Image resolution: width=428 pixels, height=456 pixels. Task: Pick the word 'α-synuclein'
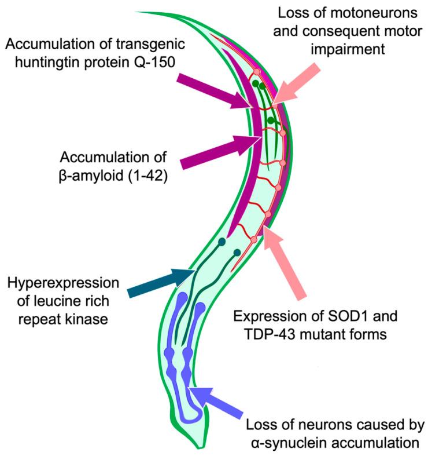tap(283, 443)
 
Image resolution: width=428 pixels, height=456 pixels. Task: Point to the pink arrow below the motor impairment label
tap(298, 83)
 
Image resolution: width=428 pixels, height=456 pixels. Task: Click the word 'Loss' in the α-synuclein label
tap(259, 425)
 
